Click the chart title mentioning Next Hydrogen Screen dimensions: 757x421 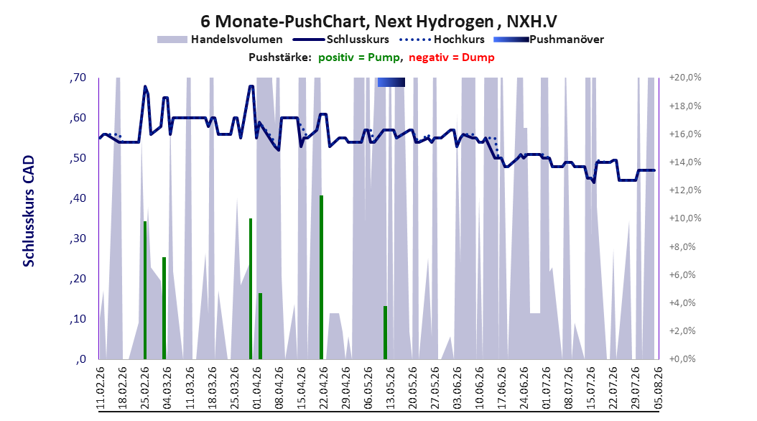pos(378,22)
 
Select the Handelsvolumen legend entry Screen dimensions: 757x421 pos(220,40)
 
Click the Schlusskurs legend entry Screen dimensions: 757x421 pos(342,40)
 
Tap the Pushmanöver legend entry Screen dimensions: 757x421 pos(549,40)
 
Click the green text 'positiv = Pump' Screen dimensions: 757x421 pos(358,57)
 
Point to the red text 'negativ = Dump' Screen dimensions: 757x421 pos(452,57)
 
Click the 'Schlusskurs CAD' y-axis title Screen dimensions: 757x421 pos(29,211)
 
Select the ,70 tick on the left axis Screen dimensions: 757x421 pos(78,78)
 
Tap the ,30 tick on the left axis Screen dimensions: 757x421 pos(78,239)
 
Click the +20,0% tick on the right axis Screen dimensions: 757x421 pos(685,78)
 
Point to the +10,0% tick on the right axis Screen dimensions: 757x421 pos(685,218)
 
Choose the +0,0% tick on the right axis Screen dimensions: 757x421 pos(682,358)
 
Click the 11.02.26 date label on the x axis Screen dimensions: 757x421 pos(101,388)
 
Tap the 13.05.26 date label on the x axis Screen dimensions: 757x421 pos(390,388)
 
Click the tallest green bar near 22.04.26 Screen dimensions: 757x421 pos(321,277)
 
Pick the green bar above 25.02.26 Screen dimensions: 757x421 pos(145,290)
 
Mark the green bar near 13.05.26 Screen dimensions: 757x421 pos(385,333)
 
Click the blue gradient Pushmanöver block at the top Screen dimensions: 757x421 pos(391,82)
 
